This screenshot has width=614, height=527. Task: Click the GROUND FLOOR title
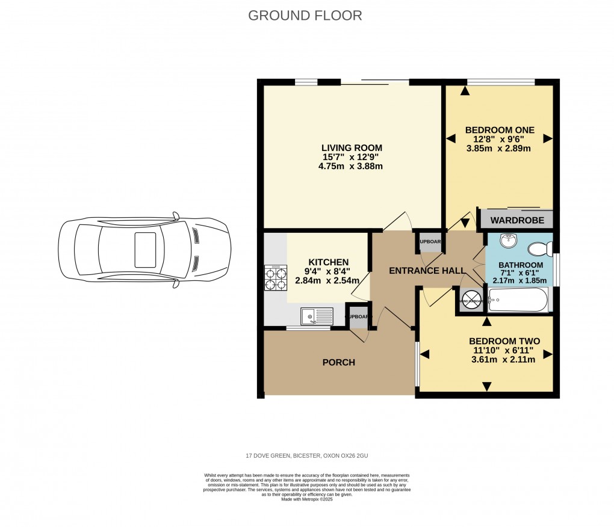305,16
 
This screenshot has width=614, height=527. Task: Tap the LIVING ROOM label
352,148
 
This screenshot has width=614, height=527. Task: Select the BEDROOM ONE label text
500,129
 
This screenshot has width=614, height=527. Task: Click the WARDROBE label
516,220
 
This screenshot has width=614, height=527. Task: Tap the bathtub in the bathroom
518,299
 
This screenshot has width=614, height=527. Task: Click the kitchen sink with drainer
317,316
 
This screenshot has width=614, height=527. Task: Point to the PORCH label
339,362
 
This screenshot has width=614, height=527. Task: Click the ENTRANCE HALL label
423,271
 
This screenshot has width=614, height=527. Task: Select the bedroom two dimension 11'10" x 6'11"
504,350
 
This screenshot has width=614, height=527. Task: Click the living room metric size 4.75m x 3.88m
351,166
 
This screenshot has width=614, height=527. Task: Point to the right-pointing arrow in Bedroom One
547,138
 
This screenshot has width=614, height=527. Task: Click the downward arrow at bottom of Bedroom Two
486,386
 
